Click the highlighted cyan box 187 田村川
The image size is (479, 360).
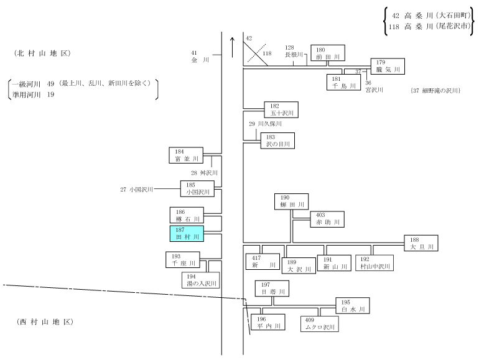coord(187,234)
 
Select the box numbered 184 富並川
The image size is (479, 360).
coord(186,155)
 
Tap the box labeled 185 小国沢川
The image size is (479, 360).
coord(197,188)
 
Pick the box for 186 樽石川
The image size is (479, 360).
coord(187,215)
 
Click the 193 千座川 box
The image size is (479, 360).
coord(183,259)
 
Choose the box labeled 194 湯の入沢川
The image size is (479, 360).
coord(201,280)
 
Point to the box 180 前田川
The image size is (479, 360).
coord(328,53)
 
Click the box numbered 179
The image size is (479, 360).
coord(388,67)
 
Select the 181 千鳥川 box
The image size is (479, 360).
coord(343,82)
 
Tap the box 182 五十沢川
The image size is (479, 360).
coord(281,109)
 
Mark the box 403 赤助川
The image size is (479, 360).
coord(327,219)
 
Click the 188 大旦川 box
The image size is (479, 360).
coord(421,243)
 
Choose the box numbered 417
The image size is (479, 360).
coord(263,261)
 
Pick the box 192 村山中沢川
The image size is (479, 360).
coord(374,263)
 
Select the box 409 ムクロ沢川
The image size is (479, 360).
coord(320,324)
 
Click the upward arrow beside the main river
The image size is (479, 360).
coord(233,47)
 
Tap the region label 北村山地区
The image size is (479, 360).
coord(42,53)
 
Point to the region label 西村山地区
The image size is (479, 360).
coord(45,322)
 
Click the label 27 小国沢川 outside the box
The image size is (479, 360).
coord(136,190)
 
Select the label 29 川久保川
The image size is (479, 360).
coord(265,124)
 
